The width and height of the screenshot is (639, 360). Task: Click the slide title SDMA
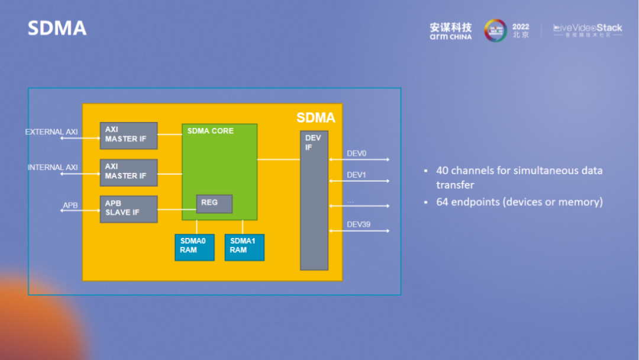57,28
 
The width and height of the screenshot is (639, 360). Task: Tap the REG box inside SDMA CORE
214,204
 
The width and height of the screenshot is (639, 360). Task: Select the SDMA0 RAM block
194,247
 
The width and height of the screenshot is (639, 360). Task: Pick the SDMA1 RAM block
244,247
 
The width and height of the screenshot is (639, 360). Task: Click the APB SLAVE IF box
128,209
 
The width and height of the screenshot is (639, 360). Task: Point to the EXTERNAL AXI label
51,132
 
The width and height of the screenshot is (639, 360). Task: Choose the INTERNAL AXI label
53,168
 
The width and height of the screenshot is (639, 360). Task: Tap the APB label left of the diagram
70,205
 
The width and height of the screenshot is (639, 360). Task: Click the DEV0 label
357,154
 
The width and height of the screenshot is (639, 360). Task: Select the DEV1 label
357,175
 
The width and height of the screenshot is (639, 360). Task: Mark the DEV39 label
359,225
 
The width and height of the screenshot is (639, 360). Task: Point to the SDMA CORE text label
211,131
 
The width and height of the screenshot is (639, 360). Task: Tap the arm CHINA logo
451,31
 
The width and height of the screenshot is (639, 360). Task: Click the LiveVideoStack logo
588,30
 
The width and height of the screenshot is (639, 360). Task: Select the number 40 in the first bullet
443,171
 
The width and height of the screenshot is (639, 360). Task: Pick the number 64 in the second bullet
443,202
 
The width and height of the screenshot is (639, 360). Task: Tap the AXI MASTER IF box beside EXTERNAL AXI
128,136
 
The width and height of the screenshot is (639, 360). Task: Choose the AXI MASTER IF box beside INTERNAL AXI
128,172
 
